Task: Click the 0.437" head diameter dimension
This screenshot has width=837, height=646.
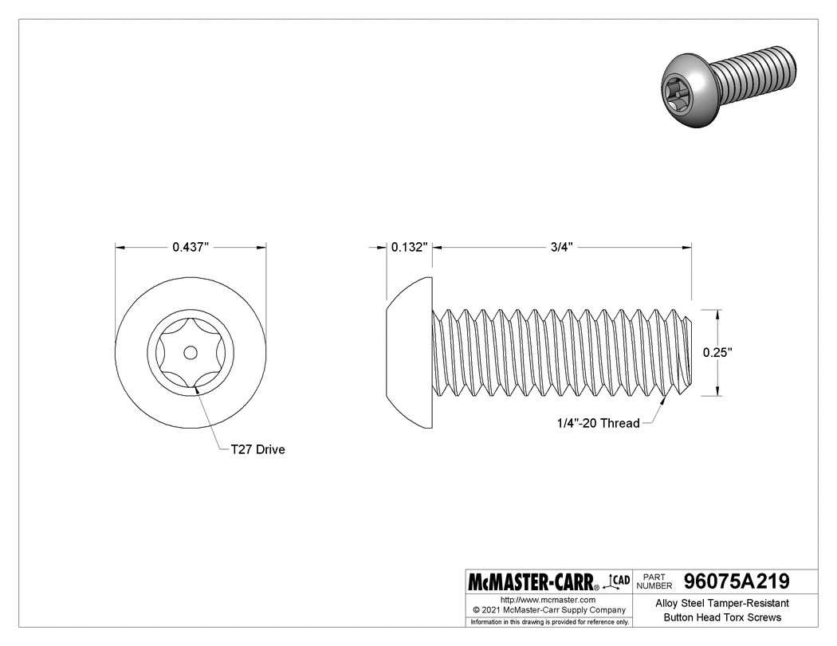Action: point(191,248)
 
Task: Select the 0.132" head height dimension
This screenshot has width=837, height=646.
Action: point(410,248)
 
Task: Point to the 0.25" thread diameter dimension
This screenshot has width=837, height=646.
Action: point(717,351)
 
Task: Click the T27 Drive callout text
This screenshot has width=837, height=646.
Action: point(257,450)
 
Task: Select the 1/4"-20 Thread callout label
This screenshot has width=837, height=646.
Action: point(598,423)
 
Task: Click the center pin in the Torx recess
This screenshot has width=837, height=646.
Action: point(191,351)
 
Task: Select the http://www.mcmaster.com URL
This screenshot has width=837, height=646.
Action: point(548,599)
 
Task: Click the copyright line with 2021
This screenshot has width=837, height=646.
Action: point(548,609)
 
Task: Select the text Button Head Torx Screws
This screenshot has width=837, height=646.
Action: point(722,617)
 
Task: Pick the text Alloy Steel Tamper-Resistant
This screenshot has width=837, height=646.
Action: point(722,603)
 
